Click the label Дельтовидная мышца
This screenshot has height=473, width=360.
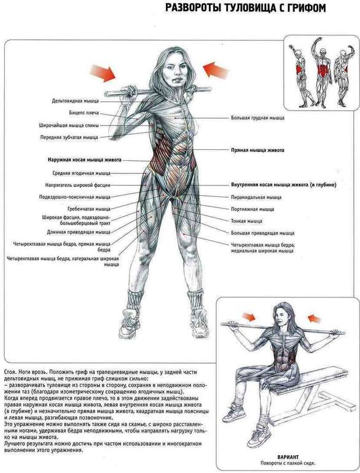click(75, 101)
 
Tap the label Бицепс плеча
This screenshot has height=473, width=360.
click(84, 113)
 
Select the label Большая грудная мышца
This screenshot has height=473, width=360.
click(257, 118)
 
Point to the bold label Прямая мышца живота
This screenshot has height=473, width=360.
click(257, 150)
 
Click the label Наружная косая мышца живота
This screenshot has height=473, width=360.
click(85, 160)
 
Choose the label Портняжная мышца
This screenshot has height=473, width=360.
click(252, 209)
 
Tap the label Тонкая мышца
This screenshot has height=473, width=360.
click(246, 221)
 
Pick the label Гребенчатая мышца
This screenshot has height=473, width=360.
click(88, 209)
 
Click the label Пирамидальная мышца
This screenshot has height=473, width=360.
click(256, 197)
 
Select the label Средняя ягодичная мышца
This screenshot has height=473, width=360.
click(82, 173)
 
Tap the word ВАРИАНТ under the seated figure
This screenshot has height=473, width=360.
click(288, 457)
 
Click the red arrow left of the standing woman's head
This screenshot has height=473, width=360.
click(103, 73)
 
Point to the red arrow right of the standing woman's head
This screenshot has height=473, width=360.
click(216, 70)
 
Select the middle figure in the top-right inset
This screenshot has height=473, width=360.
click(323, 72)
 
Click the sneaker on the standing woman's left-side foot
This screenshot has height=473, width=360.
click(130, 322)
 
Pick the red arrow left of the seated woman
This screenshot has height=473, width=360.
click(249, 317)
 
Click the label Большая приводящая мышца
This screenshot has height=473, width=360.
click(262, 233)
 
